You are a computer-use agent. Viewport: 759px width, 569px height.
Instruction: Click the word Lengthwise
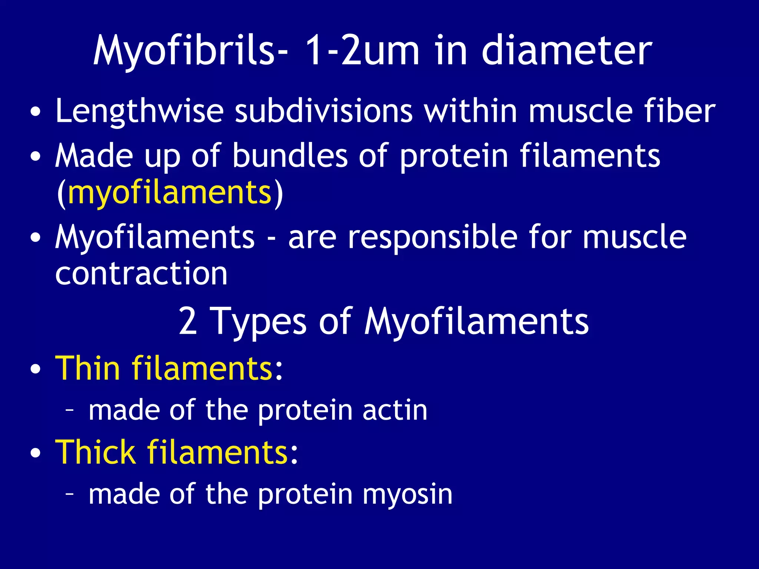[139, 111]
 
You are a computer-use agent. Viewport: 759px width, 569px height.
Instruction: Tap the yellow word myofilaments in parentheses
[170, 193]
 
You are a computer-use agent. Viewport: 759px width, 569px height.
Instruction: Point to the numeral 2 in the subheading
[188, 321]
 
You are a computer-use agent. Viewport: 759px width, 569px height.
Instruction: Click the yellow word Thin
[88, 368]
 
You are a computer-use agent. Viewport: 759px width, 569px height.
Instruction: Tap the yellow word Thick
[95, 452]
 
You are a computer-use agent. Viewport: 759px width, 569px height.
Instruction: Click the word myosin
[407, 495]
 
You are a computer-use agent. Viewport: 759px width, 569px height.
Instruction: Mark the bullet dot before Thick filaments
[36, 453]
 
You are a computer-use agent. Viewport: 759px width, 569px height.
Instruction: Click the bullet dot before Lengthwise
[36, 112]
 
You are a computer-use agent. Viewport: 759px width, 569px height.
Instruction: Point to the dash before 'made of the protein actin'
[69, 410]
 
